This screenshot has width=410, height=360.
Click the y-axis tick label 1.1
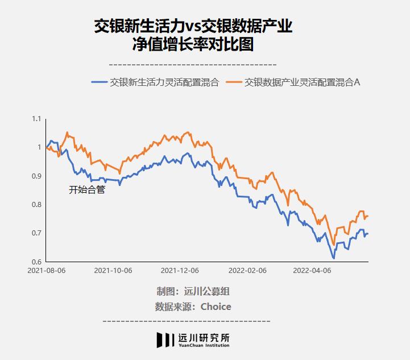(36, 119)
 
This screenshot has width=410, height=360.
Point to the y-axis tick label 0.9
(36, 176)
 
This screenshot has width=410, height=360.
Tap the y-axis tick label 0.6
(36, 262)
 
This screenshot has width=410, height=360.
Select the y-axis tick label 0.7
(36, 233)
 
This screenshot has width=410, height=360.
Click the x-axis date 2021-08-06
(47, 270)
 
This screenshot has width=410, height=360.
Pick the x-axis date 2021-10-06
(113, 270)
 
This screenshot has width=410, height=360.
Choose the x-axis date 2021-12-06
(180, 270)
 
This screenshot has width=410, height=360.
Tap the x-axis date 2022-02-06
(247, 270)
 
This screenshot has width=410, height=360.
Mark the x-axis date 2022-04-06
(312, 270)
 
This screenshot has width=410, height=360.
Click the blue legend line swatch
(100, 82)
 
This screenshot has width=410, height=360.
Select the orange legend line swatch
(234, 82)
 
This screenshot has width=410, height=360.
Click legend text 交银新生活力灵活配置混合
(164, 82)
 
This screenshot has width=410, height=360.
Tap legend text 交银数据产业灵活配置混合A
(303, 82)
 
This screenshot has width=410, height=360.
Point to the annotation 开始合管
(87, 189)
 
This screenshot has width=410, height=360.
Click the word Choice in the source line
(216, 307)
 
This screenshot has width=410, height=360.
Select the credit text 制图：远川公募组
(193, 291)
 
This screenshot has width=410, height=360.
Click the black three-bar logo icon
(165, 340)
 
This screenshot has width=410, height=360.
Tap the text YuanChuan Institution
(204, 345)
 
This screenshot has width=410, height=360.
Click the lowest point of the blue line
(334, 258)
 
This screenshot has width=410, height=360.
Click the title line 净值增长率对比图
(193, 44)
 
